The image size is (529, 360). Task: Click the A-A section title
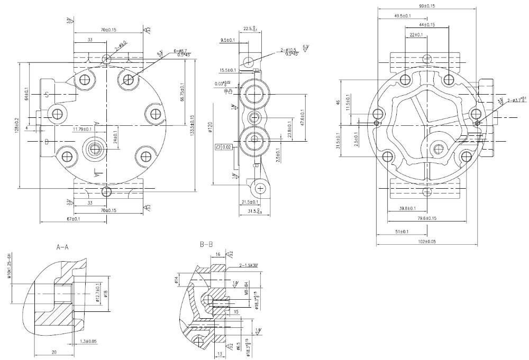[63, 246]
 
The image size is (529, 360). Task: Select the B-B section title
[206, 245]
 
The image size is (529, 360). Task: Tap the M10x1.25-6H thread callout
[8, 272]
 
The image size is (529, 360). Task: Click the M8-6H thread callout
[247, 294]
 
